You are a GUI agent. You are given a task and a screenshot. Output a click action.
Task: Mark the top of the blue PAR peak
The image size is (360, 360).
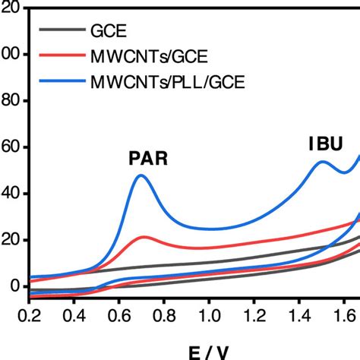[x=141, y=175]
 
